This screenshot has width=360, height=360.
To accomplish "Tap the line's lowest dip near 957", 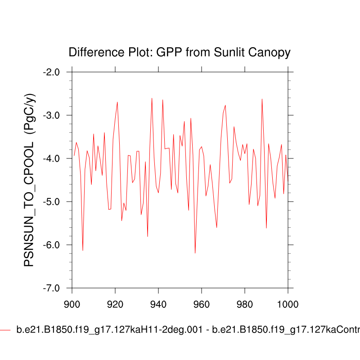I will [195, 253].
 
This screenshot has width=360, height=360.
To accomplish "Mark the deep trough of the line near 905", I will [83, 250].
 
